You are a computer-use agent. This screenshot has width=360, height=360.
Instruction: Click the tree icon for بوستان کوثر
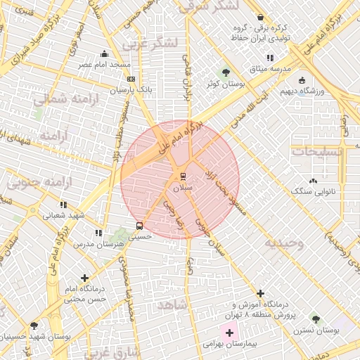[x=226, y=72]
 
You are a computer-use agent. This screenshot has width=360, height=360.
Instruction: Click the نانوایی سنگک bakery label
[x=314, y=191]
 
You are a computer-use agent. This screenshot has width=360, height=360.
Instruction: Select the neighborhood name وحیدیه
[x=283, y=243]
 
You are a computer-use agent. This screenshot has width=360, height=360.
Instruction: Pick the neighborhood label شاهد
[x=172, y=304]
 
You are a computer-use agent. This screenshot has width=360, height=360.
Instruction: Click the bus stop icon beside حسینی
[x=139, y=226]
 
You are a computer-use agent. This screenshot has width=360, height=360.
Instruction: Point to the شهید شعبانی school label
[x=64, y=216]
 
